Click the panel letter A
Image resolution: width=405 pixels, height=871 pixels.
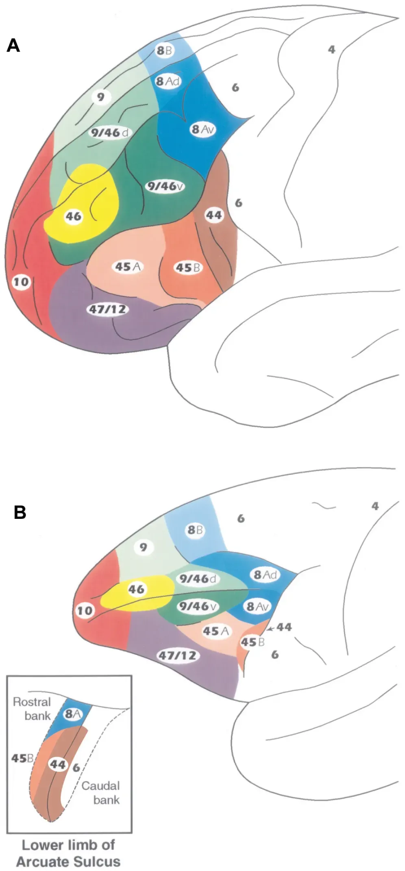[13, 46]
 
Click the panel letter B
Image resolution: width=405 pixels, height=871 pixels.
[20, 512]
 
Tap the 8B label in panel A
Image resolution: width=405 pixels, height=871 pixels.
[164, 51]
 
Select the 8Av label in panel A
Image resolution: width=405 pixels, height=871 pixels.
[202, 130]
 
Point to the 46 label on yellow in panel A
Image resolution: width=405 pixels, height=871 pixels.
[74, 216]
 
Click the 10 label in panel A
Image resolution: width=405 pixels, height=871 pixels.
[21, 281]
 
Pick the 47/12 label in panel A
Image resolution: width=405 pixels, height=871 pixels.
[107, 309]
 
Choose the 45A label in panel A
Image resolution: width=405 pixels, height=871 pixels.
[128, 267]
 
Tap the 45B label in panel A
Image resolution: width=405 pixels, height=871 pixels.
[188, 268]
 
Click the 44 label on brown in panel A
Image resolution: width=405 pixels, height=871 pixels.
[214, 214]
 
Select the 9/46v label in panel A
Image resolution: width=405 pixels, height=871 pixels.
[165, 186]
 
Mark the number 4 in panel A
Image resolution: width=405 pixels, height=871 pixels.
[332, 50]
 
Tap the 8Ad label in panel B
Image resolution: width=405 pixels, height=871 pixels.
[265, 575]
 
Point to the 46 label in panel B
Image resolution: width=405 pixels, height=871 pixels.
[136, 589]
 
